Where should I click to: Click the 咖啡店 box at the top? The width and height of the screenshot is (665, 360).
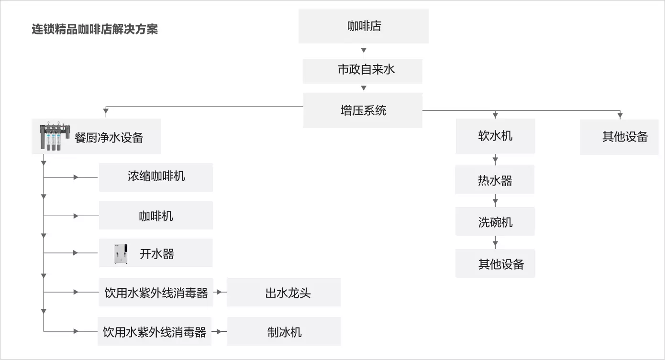[x=364, y=26]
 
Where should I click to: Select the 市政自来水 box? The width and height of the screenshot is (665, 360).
[x=363, y=71]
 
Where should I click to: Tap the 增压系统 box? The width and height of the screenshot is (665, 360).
[x=363, y=110]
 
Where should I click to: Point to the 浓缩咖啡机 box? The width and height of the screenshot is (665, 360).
[x=156, y=177]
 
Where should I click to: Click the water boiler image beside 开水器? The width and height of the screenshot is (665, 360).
[x=121, y=253]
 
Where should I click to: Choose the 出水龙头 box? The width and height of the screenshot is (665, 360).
[x=284, y=292]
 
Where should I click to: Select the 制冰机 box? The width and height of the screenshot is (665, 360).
[x=284, y=331]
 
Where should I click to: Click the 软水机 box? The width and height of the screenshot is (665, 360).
[x=495, y=136]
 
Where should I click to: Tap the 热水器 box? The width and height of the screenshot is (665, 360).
[x=495, y=180]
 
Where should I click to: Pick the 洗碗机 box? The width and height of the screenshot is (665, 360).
[x=495, y=221]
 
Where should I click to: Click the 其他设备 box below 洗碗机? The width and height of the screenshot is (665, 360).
[x=495, y=263]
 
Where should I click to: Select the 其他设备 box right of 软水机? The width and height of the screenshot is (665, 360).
[x=619, y=137]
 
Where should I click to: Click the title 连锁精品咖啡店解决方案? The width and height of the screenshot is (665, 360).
[x=95, y=29]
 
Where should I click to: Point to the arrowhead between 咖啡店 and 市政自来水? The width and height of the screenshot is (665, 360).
[x=364, y=50]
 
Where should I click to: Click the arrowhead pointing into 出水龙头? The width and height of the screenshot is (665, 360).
[x=219, y=292]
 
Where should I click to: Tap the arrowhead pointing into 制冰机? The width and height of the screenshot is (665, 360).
[x=219, y=331]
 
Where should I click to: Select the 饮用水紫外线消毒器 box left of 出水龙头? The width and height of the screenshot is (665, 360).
[x=156, y=292]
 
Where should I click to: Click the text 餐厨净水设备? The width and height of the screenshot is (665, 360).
[x=109, y=137]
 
